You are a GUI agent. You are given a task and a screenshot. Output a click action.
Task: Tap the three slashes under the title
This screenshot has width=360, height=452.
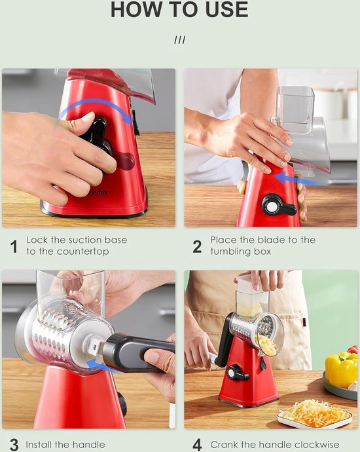pyautogui.click(x=180, y=40)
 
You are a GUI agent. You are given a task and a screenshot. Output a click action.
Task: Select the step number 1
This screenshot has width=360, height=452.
pyautogui.click(x=14, y=247)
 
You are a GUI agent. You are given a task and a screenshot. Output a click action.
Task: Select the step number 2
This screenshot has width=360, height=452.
pyautogui.click(x=197, y=247)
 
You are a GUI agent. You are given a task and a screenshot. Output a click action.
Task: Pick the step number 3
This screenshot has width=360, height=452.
pyautogui.click(x=14, y=445)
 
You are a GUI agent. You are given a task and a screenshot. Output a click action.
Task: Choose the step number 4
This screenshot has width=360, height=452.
pyautogui.click(x=197, y=445)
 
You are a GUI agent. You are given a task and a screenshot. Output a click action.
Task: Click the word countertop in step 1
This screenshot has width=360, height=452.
pyautogui.click(x=82, y=252)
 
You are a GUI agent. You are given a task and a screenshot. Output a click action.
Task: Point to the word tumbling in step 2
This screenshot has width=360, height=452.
pyautogui.click(x=230, y=252)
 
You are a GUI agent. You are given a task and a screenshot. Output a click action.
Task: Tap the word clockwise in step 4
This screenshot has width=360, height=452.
pyautogui.click(x=317, y=445)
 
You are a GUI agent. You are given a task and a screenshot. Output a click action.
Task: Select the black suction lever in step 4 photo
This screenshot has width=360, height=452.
pyautogui.click(x=237, y=373)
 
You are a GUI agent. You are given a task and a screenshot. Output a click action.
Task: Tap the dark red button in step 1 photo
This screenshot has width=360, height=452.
pyautogui.click(x=126, y=161)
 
